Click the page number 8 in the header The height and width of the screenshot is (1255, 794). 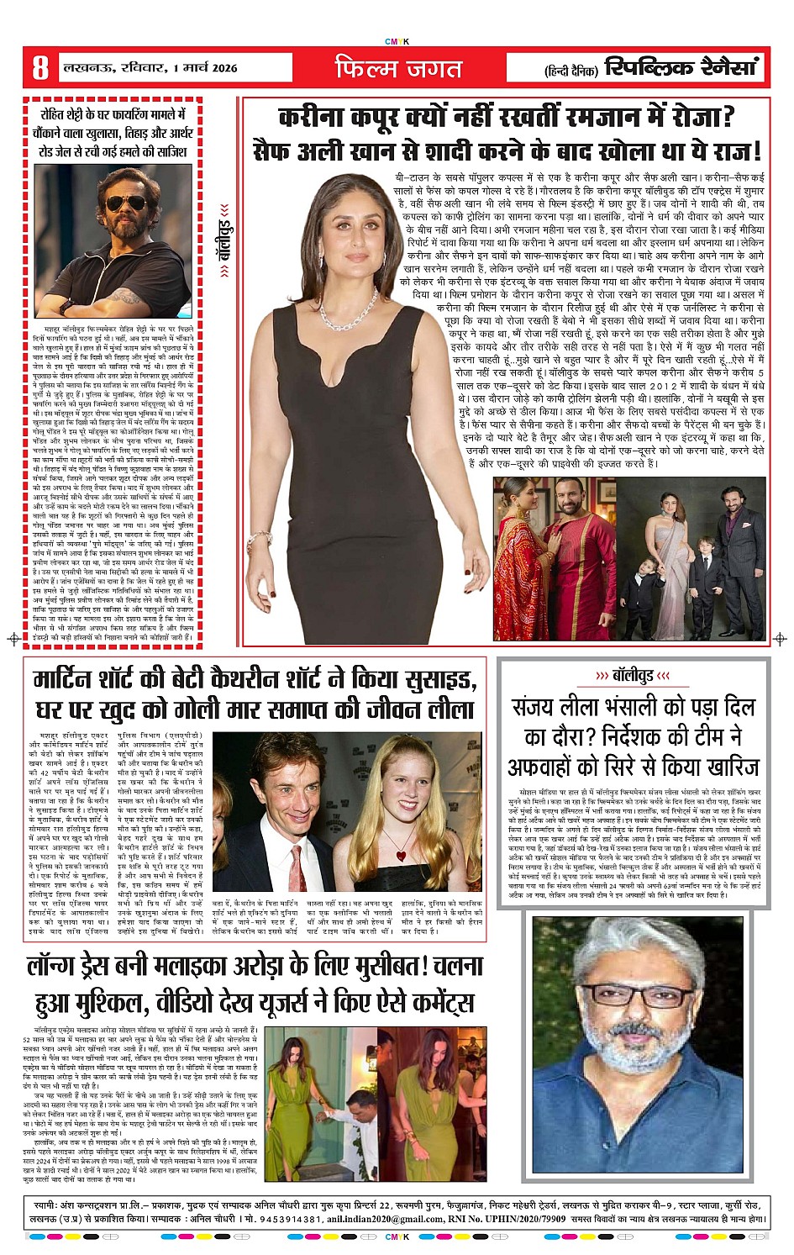click(39, 67)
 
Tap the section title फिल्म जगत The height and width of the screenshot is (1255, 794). click(398, 68)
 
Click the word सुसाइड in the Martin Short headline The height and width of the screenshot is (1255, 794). click(436, 680)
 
